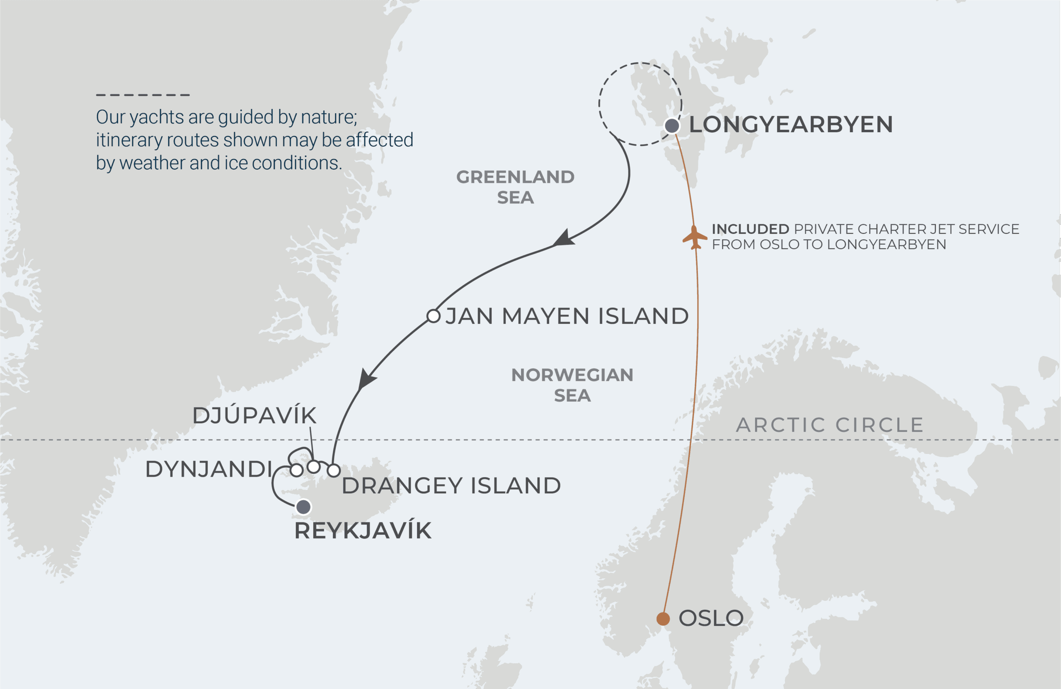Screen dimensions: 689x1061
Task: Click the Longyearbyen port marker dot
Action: point(672,126)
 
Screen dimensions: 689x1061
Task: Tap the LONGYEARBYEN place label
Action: point(791,124)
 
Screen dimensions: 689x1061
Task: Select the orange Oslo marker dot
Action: point(663,619)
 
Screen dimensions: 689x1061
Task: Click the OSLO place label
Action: point(711,618)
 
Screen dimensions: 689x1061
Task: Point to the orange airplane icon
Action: point(694,237)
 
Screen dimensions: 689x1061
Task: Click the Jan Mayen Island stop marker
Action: point(434,316)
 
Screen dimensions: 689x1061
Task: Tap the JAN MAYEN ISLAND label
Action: point(567,316)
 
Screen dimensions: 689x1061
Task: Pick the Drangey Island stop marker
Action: point(334,470)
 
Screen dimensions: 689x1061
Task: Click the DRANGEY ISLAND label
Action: point(451,485)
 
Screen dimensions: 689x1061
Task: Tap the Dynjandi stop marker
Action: point(296,470)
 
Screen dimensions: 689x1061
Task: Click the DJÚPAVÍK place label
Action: point(254,416)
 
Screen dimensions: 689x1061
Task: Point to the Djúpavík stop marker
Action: point(314,467)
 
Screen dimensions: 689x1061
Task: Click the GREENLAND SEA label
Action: point(515,187)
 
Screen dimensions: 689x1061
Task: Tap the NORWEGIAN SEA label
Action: point(572,385)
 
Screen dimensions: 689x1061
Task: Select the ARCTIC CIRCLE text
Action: point(830,425)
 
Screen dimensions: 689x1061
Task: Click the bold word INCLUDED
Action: point(750,229)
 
